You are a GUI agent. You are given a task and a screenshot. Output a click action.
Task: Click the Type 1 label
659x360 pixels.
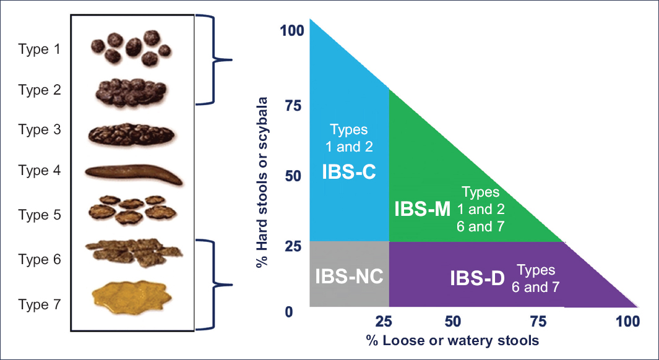(39, 49)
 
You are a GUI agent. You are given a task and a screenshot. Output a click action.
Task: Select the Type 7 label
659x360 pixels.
(39, 305)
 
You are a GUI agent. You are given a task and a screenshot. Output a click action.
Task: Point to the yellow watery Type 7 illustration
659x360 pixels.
(132, 296)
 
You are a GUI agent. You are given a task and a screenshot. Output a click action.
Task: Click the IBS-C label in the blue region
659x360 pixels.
(348, 171)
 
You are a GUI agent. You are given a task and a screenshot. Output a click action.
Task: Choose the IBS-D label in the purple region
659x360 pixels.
(478, 278)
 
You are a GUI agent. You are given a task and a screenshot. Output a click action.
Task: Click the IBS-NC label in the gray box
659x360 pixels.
(349, 276)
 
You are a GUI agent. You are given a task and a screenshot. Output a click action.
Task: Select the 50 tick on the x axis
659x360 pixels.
(452, 321)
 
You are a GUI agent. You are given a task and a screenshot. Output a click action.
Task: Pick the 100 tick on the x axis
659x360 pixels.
(627, 321)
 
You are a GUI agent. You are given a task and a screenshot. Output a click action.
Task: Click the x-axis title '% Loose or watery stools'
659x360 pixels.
(452, 340)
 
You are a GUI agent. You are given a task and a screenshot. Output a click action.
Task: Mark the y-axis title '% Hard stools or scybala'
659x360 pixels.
(264, 182)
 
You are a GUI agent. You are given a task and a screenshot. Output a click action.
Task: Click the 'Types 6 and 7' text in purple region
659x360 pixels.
(536, 278)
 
